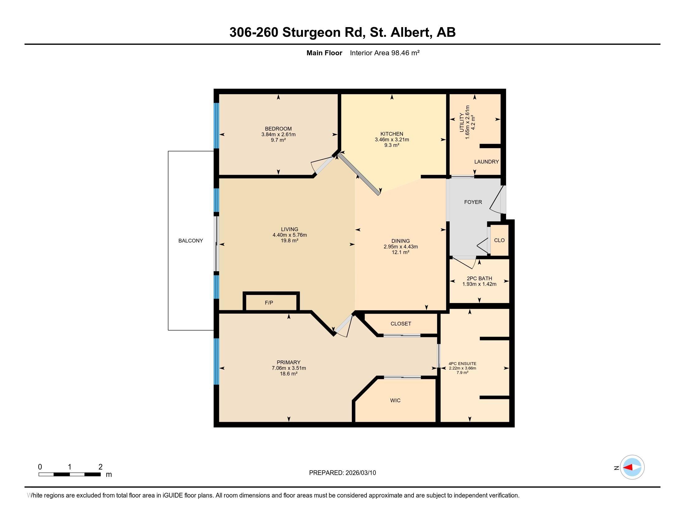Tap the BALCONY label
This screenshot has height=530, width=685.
191,241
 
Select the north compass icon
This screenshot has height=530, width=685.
632,467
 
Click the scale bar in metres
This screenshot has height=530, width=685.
69,474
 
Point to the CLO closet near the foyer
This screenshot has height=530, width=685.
499,240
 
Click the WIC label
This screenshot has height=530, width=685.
395,400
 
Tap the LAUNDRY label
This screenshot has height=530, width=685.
486,162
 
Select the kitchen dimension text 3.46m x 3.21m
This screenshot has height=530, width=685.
392,140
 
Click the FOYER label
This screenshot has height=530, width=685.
473,202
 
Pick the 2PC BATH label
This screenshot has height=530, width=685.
479,278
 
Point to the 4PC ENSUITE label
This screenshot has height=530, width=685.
462,364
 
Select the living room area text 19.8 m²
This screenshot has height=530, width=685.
290,240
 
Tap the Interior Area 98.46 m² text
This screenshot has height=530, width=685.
385,53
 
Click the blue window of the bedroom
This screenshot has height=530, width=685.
216,126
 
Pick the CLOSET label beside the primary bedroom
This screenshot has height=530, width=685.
400,324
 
